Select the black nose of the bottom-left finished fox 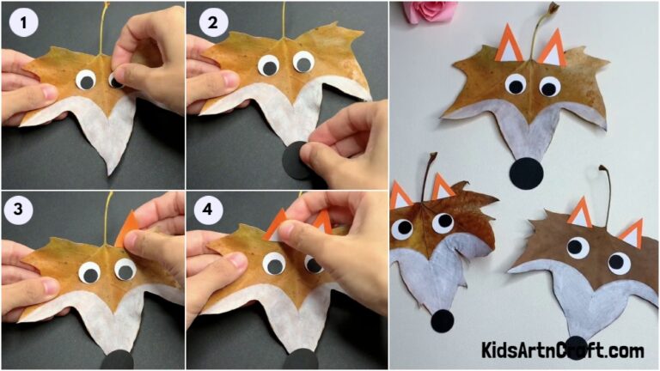(442, 320)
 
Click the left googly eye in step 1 (86, 82)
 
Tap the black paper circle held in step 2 (300, 160)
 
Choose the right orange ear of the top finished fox (551, 48)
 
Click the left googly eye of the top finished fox (515, 84)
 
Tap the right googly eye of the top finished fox (549, 87)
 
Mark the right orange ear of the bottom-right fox (632, 232)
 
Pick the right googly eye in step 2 (302, 62)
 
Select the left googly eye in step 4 (274, 262)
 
